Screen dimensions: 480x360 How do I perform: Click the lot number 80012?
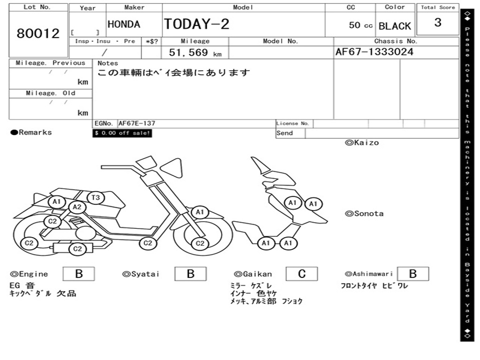38,34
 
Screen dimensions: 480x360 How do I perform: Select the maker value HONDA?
124,25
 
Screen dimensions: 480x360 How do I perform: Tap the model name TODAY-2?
196,24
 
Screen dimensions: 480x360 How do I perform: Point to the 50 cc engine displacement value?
360,25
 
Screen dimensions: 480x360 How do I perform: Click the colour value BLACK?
395,26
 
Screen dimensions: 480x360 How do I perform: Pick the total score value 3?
438,23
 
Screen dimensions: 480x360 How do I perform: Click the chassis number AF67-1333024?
375,52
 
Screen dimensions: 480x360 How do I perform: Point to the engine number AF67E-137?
137,124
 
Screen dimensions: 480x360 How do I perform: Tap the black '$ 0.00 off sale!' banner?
122,133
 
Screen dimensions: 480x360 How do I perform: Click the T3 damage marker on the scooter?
96,198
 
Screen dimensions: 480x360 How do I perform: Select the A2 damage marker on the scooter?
77,207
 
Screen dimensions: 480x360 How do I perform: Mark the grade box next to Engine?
79,274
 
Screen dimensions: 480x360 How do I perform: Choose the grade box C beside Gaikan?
301,274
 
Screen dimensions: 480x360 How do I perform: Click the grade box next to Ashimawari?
412,274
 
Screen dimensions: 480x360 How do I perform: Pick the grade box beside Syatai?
190,274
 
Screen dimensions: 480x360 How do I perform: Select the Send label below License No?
285,133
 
